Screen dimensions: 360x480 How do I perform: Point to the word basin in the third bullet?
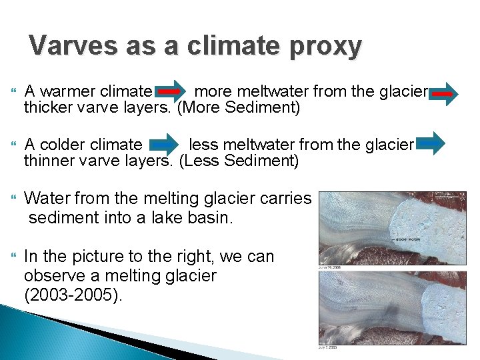pos(207,217)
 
